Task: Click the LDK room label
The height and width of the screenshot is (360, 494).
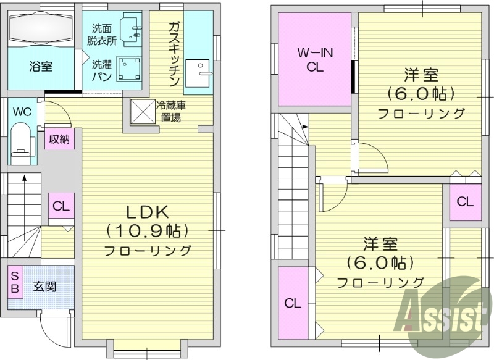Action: tap(147, 211)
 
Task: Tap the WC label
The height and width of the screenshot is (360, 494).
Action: tap(22, 112)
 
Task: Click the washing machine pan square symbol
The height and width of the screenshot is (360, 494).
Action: tap(128, 69)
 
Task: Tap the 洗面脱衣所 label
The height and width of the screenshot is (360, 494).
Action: tap(104, 35)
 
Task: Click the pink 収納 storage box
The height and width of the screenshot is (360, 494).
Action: tap(60, 139)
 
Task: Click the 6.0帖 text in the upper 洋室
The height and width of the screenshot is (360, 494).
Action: tap(422, 94)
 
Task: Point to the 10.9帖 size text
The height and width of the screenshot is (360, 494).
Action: tap(147, 230)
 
